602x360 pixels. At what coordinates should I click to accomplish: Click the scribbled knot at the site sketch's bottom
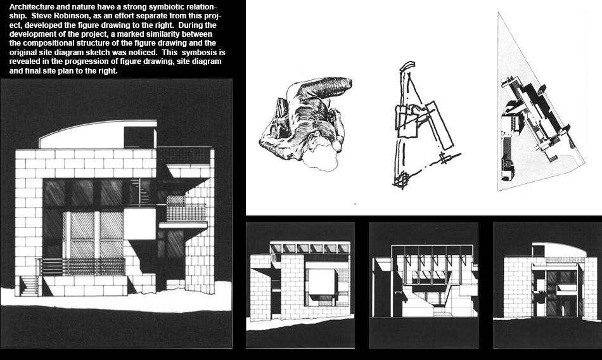click(400, 181)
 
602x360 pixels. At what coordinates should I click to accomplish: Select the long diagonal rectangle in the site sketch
click(438, 125)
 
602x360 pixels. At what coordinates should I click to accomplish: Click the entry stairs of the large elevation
click(29, 286)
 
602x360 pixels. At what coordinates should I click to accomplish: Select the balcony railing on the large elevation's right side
click(186, 213)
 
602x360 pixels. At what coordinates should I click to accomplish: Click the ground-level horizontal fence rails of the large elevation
click(81, 267)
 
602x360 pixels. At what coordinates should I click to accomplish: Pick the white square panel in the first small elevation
click(322, 281)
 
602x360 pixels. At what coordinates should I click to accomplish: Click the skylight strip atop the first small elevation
click(310, 247)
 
